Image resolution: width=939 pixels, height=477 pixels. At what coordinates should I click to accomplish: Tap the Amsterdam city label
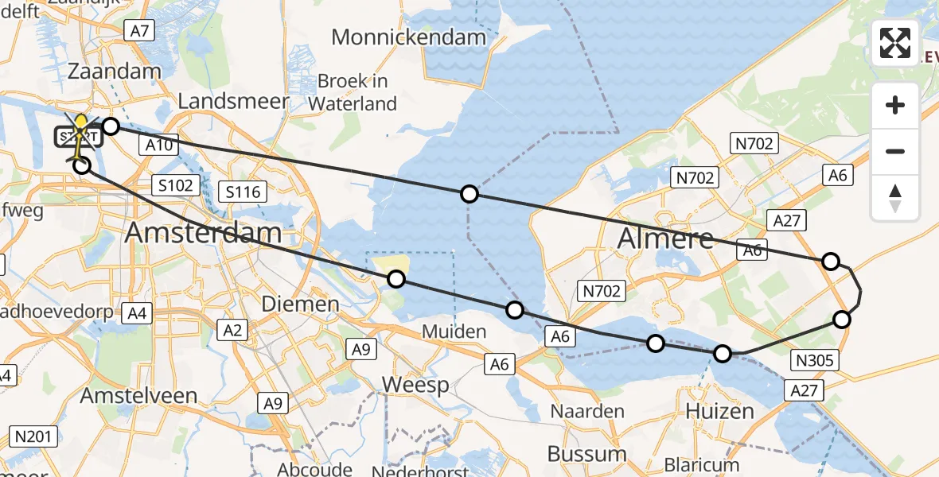204,233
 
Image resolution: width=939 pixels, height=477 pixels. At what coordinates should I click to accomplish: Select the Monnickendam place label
408,37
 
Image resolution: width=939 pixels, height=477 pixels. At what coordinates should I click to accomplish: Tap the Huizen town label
720,411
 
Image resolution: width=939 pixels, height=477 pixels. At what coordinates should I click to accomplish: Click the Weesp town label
415,385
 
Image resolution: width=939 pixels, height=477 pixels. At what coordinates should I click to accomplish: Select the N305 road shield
815,361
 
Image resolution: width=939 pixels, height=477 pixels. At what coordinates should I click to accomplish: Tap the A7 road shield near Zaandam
139,30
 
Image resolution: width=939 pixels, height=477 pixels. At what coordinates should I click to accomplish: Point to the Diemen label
301,304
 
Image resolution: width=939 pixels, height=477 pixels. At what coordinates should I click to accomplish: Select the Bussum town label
586,454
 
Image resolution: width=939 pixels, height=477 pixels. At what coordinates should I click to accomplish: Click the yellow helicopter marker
80,131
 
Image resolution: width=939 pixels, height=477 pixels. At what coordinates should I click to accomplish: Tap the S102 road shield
173,185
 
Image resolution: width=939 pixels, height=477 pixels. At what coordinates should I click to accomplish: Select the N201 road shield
33,436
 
